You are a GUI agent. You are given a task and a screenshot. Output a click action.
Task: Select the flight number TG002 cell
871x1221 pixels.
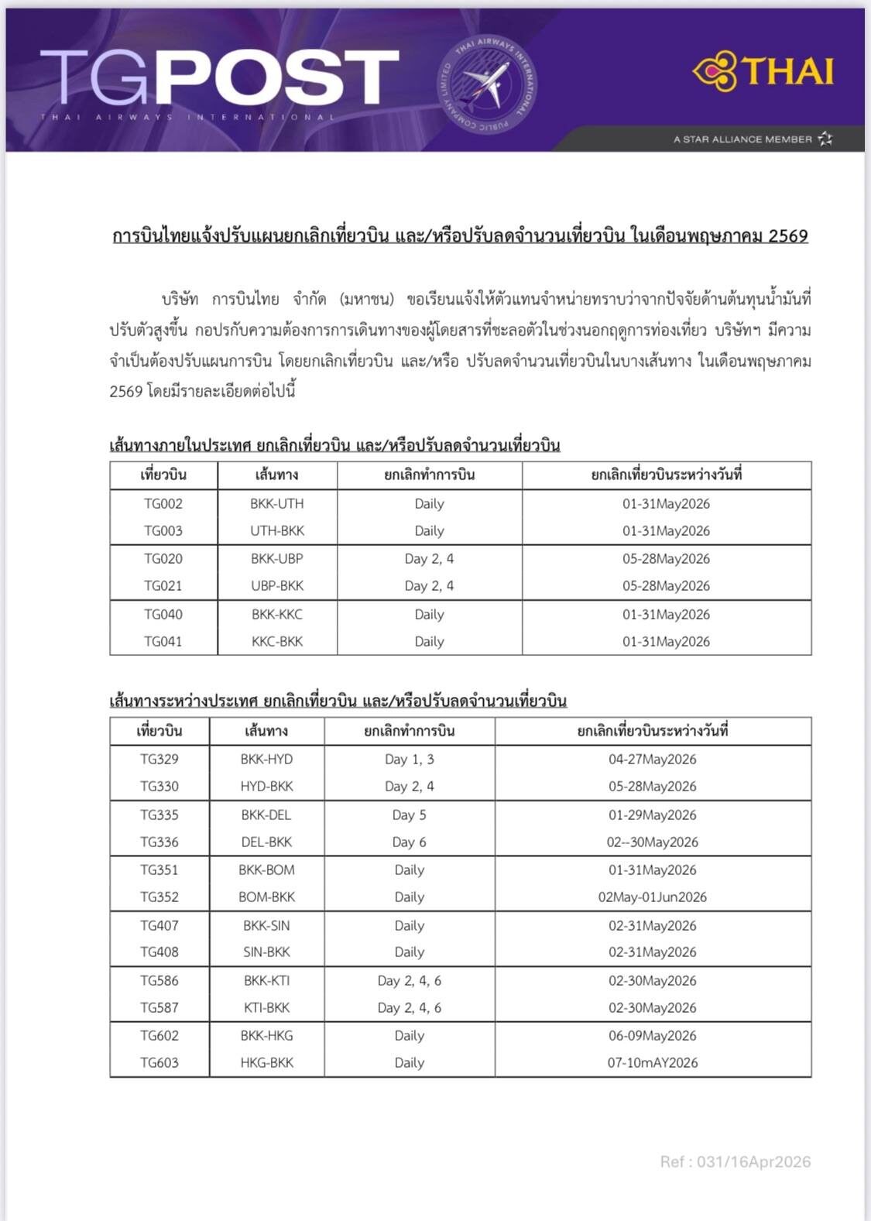pos(163,503)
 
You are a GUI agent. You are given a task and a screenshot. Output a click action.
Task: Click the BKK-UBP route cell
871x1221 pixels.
pos(276,558)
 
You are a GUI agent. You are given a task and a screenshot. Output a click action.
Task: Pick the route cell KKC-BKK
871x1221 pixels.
pos(276,641)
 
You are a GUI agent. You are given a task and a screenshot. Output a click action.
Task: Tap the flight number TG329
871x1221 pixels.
pos(159,759)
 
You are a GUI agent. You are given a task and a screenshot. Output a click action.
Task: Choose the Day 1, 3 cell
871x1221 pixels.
pos(409,759)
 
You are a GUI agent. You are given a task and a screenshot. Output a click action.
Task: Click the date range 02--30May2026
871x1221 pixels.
pos(652,842)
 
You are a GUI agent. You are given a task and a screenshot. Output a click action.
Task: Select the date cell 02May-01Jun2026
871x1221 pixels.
pos(652,897)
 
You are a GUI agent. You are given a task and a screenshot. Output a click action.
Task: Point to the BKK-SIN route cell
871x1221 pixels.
pos(266,925)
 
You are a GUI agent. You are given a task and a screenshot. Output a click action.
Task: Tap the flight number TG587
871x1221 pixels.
pos(159,1007)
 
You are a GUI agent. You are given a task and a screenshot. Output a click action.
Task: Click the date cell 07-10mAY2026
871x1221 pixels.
pos(652,1062)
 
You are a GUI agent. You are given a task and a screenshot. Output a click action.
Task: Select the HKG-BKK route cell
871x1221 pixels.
pos(266,1062)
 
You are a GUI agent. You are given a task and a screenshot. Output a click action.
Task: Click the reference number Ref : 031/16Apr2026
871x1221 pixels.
pos(735,1161)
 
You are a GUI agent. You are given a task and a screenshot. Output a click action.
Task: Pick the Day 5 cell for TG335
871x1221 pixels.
pos(409,815)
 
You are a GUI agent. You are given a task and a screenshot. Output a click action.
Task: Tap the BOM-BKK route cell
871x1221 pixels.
pos(266,897)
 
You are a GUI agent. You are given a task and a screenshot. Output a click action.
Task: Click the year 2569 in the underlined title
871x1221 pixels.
pos(787,235)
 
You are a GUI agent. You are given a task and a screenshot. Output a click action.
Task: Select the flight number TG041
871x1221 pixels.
pos(163,641)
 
